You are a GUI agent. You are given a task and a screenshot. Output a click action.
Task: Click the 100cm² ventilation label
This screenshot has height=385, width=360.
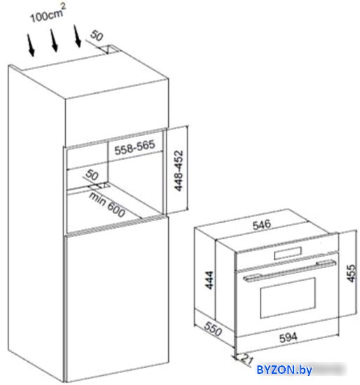coord(48,13)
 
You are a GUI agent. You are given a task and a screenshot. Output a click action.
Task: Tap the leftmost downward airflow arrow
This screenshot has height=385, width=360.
coord(31,45)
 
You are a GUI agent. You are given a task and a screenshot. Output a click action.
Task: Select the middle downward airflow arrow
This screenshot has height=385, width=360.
coord(54,41)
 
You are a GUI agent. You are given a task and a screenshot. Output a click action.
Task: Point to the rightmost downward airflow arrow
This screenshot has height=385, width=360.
coord(77,36)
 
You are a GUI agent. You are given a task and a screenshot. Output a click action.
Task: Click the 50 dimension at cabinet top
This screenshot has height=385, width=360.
coord(97,36)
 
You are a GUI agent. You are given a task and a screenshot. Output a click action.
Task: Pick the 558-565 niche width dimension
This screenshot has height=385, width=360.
coord(134,147)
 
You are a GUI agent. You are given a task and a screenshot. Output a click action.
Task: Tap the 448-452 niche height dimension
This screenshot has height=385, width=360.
coord(179,171)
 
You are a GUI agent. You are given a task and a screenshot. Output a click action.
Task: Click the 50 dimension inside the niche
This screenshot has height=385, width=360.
coord(92,174)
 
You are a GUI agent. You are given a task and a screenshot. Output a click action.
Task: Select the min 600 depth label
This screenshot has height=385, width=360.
coord(107,205)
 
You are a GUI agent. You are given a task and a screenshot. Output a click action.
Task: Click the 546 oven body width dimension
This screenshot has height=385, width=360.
coord(262,225)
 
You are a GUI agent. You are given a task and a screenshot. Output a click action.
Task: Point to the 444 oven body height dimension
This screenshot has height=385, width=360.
coord(209,280)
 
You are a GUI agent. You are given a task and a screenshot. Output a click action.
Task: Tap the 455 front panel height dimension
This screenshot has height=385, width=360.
coord(351,273)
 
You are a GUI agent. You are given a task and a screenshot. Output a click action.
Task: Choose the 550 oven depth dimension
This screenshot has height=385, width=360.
coord(213,329)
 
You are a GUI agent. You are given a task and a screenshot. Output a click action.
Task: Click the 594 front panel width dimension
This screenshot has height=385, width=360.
coord(289,337)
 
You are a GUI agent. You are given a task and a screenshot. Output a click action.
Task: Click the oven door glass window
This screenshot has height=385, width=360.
coord(287,297)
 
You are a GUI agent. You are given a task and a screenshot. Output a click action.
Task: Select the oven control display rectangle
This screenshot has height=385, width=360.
coord(287,253)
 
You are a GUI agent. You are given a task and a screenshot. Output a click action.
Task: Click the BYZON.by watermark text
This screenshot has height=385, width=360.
coord(284,370)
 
